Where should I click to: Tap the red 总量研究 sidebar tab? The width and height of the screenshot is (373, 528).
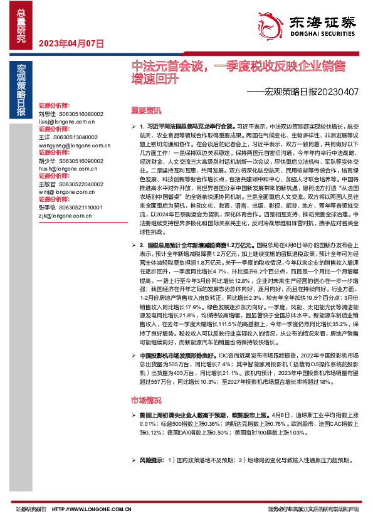click(x=21, y=26)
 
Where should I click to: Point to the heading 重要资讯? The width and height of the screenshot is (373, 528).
click(x=145, y=111)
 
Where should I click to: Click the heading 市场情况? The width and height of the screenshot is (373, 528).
click(x=145, y=399)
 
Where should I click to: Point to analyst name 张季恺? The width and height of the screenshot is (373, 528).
click(x=47, y=208)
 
